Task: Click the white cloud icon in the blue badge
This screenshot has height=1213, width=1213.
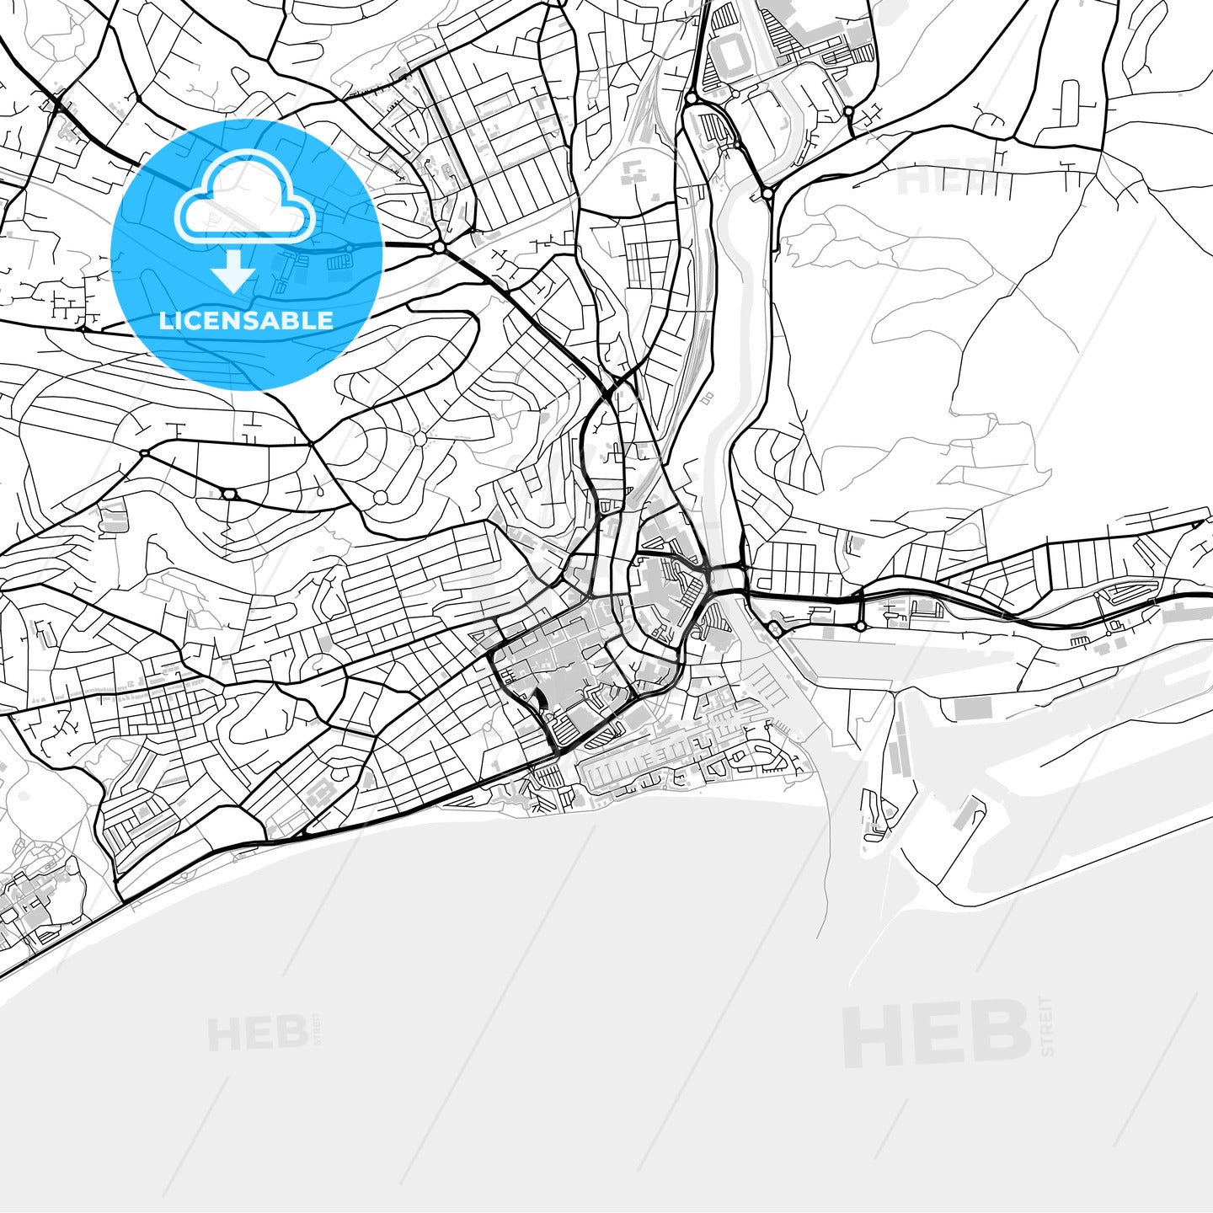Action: (244, 199)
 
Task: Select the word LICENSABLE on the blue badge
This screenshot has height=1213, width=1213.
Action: (246, 321)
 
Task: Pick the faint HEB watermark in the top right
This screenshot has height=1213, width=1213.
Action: (943, 178)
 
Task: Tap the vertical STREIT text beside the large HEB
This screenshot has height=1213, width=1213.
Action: (1047, 1026)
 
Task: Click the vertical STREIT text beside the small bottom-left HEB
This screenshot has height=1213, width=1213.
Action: (317, 1029)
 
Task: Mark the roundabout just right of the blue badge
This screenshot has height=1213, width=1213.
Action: (439, 247)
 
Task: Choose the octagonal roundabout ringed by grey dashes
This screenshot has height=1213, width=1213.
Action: (419, 438)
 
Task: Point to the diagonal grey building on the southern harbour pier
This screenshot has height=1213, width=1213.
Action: (969, 814)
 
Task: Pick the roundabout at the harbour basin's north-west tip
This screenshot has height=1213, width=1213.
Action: (774, 628)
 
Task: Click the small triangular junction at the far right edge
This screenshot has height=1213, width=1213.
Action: (1198, 524)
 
